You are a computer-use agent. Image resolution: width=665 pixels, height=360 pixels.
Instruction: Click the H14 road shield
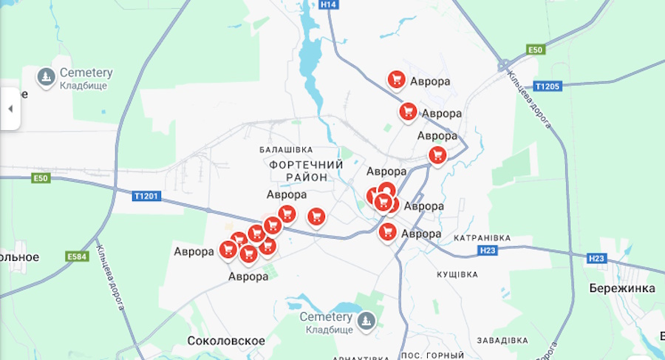pyautogui.click(x=329, y=4)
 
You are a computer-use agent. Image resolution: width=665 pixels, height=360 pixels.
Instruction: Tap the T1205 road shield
pyautogui.click(x=548, y=86)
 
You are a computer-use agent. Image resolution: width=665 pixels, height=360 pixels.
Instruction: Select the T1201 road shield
pyautogui.click(x=146, y=196)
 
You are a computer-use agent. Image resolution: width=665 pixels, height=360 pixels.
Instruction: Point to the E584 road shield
pyautogui.click(x=77, y=257)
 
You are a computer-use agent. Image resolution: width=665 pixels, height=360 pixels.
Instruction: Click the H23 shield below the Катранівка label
pyautogui.click(x=488, y=251)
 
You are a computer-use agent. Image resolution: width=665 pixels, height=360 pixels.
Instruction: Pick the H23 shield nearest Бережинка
pyautogui.click(x=596, y=258)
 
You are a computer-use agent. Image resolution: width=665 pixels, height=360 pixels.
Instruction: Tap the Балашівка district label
pyautogui.click(x=286, y=149)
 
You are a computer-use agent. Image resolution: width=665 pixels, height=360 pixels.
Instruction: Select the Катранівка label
pyautogui.click(x=482, y=237)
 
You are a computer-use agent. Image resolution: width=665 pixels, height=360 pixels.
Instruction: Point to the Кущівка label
pyautogui.click(x=457, y=274)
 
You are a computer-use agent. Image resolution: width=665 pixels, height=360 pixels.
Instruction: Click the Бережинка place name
pyautogui.click(x=622, y=288)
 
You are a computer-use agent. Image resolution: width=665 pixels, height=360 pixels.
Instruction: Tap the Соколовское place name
pyautogui.click(x=226, y=341)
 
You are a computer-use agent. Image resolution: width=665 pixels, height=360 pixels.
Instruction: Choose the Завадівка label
pyautogui.click(x=502, y=340)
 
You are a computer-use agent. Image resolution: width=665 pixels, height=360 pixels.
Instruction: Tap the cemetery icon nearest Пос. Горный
pyautogui.click(x=366, y=320)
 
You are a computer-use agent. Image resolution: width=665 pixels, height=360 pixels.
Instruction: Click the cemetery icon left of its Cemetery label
pyautogui.click(x=47, y=77)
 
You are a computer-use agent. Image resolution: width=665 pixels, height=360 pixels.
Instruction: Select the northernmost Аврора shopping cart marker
pyautogui.click(x=396, y=79)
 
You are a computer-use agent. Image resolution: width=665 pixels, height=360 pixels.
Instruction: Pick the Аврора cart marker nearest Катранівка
pyautogui.click(x=387, y=231)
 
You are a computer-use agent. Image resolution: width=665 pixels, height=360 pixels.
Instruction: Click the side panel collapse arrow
pyautogui.click(x=10, y=109)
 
